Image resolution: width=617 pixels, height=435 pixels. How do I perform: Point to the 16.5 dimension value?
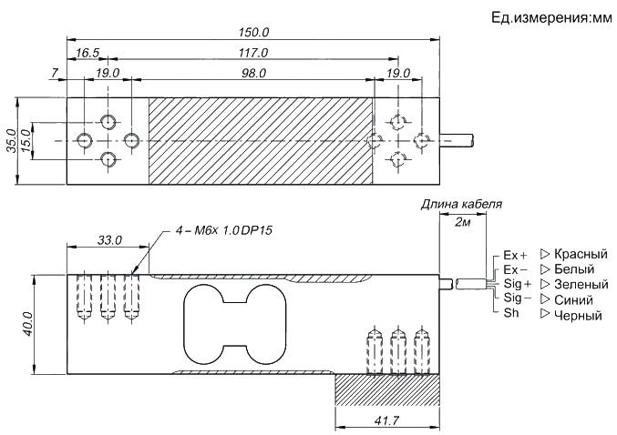(x=88, y=54)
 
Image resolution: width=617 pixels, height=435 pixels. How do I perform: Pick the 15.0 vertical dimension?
(x=26, y=141)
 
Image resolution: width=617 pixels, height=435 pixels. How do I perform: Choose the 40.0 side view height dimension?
(x=27, y=323)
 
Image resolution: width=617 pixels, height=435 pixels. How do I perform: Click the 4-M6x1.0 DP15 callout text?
(x=224, y=231)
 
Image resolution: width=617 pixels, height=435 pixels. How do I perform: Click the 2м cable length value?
(x=462, y=223)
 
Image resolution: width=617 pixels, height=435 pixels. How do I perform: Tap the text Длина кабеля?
(x=460, y=205)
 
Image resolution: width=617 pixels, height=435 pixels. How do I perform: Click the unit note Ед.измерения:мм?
(x=540, y=17)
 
